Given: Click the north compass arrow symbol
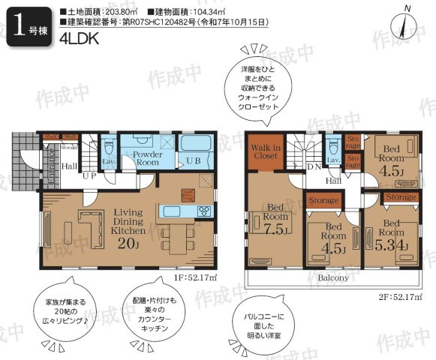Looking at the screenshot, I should (406, 22).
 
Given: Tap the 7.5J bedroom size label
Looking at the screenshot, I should (273, 230).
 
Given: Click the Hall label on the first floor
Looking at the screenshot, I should (70, 166).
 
